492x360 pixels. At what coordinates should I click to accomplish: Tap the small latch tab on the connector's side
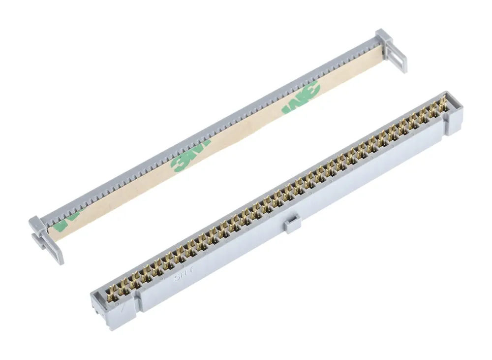(x=292, y=223)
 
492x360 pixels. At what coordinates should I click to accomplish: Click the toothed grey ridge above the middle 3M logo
(x=192, y=138)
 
